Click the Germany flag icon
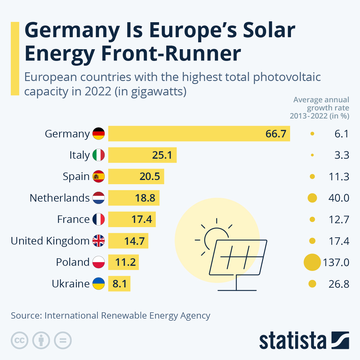coord(98,133)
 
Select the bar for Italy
coord(142,155)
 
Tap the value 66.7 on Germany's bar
coord(276,134)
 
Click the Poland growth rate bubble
coord(312,262)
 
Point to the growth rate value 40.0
coord(339,198)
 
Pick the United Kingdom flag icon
coord(98,241)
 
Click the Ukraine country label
coord(70,284)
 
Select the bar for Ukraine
coord(119,284)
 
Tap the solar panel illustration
coord(237,258)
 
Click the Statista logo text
coord(292,341)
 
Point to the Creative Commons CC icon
coord(19,340)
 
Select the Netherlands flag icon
coord(98,198)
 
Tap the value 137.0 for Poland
coord(336,262)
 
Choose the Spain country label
coord(76,176)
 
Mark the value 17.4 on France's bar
coord(142,219)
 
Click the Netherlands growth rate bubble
coord(312,198)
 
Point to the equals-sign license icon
coord(63,340)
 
